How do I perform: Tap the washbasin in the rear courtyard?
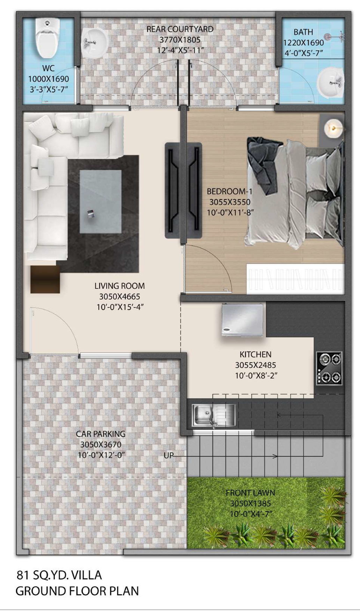coord(94,43)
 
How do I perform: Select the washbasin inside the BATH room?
coord(330,82)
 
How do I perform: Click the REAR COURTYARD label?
coord(180,29)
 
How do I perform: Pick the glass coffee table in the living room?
coord(101,201)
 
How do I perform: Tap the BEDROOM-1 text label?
coord(229,191)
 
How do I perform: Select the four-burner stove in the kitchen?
coord(329,368)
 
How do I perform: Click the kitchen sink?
coord(213,415)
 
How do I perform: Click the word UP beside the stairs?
coord(168,455)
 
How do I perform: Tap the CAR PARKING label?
coord(101,434)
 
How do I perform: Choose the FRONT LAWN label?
coord(250,493)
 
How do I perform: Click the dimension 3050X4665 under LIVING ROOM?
coord(119,297)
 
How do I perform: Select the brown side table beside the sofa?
coord(45,279)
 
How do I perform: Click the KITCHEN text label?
coord(255,355)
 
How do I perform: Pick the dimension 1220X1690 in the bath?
coord(303,43)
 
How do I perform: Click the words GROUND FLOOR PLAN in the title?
coord(77,591)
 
